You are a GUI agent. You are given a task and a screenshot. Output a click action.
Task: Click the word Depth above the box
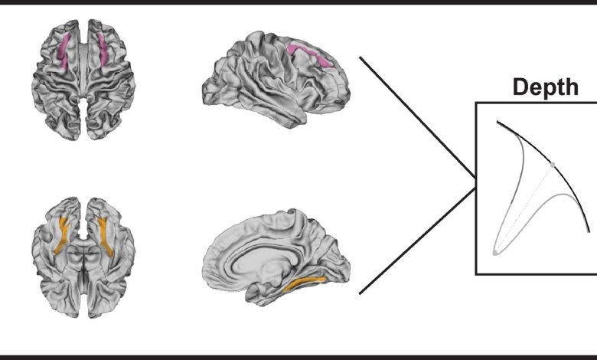(545, 88)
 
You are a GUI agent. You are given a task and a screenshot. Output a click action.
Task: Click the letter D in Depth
(519, 88)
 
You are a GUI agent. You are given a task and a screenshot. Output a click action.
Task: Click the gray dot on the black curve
(553, 164)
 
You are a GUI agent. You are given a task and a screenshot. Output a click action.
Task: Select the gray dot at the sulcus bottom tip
(495, 252)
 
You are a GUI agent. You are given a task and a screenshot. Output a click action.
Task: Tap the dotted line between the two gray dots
(525, 207)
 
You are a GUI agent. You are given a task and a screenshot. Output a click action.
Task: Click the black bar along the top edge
(298, 2)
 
